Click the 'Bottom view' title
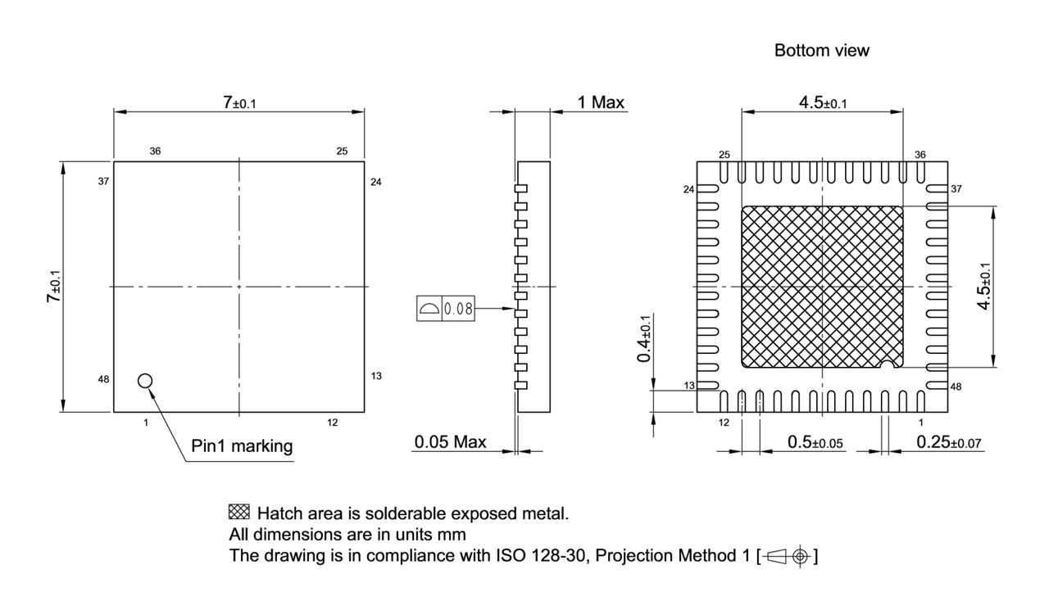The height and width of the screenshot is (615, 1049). (821, 51)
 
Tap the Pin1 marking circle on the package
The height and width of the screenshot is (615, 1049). (145, 380)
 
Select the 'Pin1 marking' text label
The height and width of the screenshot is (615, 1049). (241, 446)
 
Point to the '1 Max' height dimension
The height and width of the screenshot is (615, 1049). (601, 102)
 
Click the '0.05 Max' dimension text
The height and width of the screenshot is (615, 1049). (450, 442)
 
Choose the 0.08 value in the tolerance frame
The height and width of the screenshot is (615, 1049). (457, 309)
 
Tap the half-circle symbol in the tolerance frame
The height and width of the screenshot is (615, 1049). (429, 309)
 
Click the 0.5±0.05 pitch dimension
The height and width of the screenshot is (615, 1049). (815, 442)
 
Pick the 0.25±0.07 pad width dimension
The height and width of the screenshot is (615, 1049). (950, 442)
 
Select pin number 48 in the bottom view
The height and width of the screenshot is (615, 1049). (956, 386)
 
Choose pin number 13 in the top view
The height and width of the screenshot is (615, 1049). (376, 376)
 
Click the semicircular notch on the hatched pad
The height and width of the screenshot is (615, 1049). (886, 363)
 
